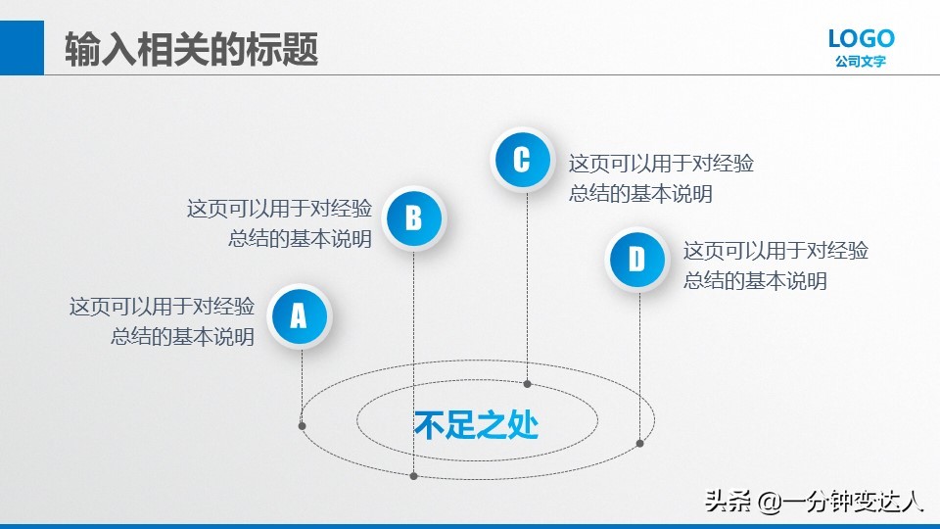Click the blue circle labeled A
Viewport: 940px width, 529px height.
pos(299,315)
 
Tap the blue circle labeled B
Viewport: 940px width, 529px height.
pos(413,217)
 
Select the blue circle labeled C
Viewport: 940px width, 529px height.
pos(521,159)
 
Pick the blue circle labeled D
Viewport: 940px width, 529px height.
pos(636,261)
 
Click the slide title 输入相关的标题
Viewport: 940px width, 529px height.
pos(192,49)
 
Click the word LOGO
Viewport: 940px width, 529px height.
pos(861,39)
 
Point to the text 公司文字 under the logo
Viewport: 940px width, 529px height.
pos(861,63)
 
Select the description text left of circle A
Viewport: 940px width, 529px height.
pos(163,321)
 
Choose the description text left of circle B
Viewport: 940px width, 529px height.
pos(280,223)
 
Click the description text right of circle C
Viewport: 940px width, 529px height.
pos(661,178)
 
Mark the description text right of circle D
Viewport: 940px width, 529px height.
pos(775,265)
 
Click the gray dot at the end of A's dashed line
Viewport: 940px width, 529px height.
pos(302,425)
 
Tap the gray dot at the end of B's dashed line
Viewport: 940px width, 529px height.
pos(414,476)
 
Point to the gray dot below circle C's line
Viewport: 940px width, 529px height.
pos(527,384)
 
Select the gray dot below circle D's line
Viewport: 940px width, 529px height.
pos(639,443)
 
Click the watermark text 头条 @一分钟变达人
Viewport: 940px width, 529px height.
pos(814,502)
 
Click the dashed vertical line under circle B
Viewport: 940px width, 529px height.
pos(414,362)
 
